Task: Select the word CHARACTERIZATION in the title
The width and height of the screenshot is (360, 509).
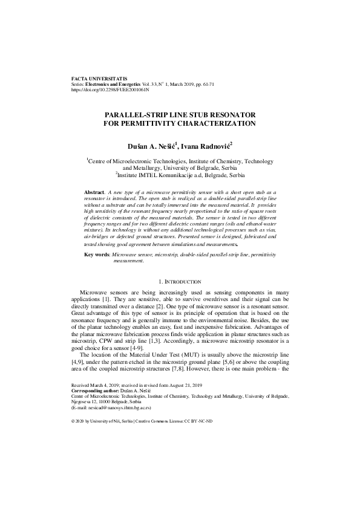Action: pyautogui.click(x=214, y=123)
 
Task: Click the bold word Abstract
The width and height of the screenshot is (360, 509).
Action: pyautogui.click(x=95, y=191)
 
